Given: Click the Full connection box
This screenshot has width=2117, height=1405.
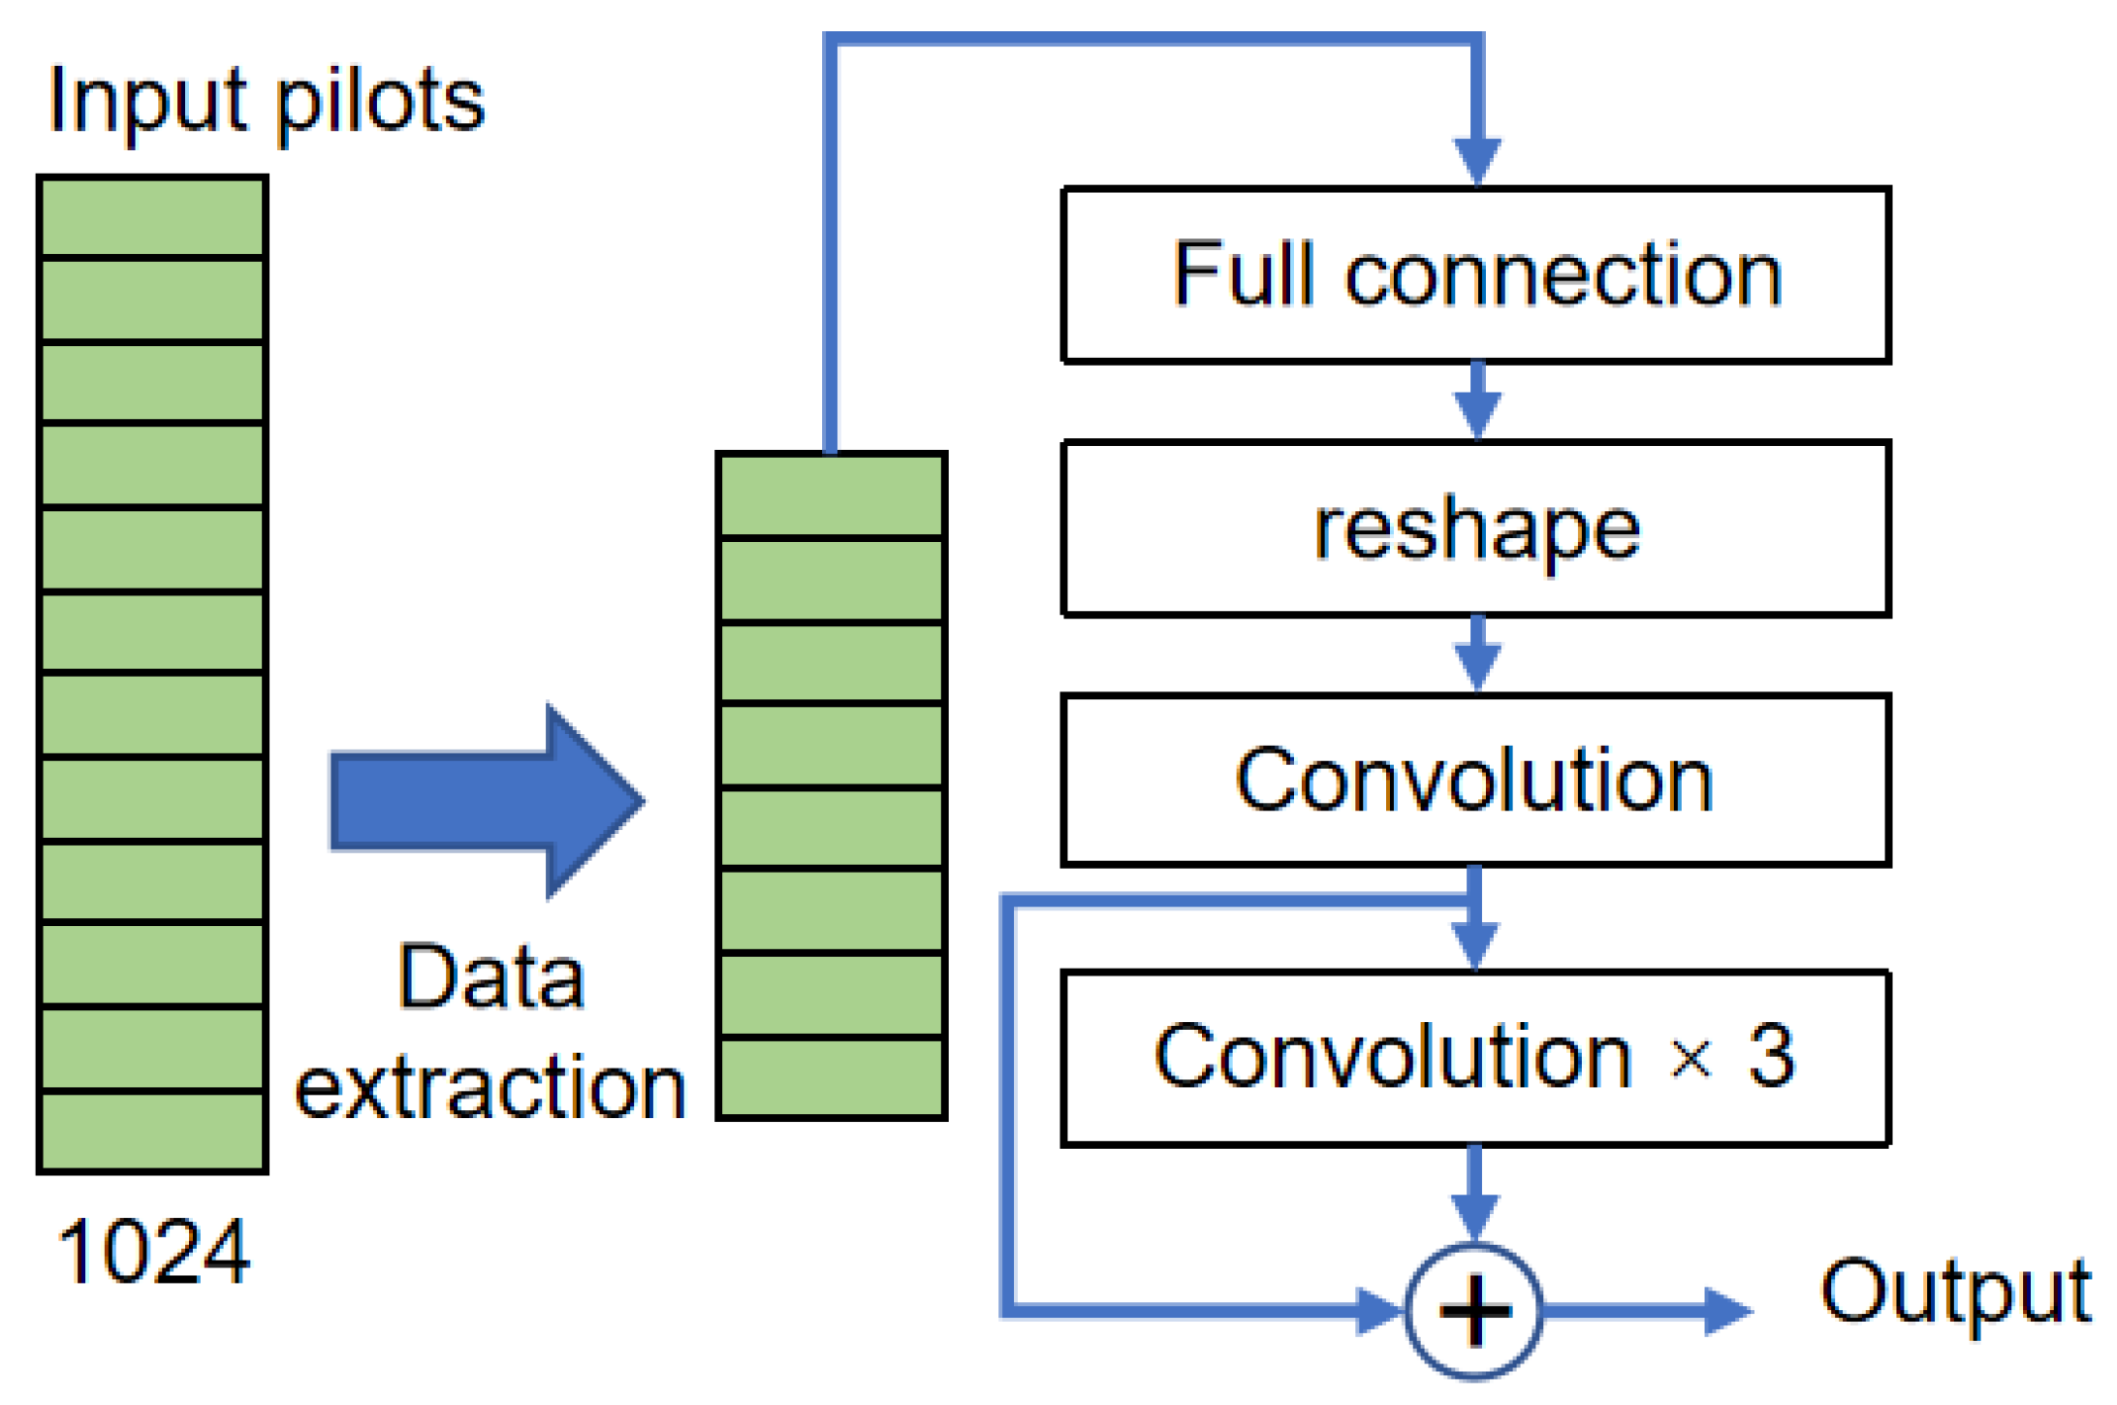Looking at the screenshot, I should pyautogui.click(x=1475, y=274).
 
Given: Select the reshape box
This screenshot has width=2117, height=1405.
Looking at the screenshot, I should pyautogui.click(x=1475, y=528).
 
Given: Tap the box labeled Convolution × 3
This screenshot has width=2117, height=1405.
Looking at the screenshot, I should pyautogui.click(x=1475, y=1058).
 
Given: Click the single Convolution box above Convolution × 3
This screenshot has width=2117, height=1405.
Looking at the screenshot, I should pyautogui.click(x=1475, y=780).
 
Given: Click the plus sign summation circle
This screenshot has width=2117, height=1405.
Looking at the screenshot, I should pyautogui.click(x=1473, y=1311).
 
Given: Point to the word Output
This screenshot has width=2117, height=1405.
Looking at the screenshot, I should pyautogui.click(x=1954, y=1292).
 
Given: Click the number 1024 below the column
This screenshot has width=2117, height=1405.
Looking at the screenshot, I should pyautogui.click(x=153, y=1252).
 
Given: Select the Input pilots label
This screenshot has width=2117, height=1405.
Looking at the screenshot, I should pyautogui.click(x=267, y=101).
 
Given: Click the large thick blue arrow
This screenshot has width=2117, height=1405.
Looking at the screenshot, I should pyautogui.click(x=485, y=802).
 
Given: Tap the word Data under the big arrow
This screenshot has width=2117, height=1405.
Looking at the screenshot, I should pyautogui.click(x=491, y=977).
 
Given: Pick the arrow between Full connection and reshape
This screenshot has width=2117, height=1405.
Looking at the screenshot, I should pyautogui.click(x=1476, y=401).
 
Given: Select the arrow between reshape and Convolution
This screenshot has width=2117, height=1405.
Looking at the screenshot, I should pyautogui.click(x=1476, y=655).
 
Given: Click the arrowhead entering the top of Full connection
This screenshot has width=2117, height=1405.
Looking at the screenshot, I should pyautogui.click(x=1476, y=160).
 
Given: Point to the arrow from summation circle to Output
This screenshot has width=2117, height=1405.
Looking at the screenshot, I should pyautogui.click(x=1648, y=1311).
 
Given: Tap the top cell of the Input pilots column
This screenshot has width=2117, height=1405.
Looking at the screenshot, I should pyautogui.click(x=152, y=217).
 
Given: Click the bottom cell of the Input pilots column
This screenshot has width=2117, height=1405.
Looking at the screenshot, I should pyautogui.click(x=152, y=1131).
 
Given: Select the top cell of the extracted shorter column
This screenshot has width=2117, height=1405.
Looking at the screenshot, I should pyautogui.click(x=831, y=495).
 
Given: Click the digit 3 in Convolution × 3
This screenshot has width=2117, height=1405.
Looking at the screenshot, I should pyautogui.click(x=1771, y=1055).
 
